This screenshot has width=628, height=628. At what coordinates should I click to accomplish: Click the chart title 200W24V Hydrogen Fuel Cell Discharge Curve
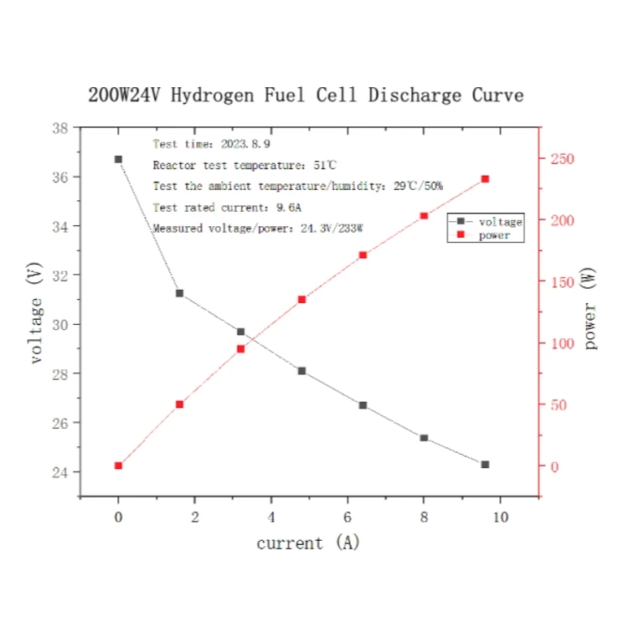(306, 95)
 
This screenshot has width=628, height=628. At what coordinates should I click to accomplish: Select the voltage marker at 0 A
(118, 159)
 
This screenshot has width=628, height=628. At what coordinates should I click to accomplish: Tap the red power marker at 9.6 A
(485, 179)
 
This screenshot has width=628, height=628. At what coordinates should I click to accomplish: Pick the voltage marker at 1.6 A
(179, 293)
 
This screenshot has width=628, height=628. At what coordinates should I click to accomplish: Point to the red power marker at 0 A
(118, 466)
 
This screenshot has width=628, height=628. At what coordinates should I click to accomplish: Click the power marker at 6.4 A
(363, 255)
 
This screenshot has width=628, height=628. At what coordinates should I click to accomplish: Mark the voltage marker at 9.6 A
(485, 464)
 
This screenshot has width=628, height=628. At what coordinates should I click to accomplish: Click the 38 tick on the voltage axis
(60, 128)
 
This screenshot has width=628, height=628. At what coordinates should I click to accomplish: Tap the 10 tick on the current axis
(500, 517)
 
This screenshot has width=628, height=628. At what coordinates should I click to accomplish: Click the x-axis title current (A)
(307, 543)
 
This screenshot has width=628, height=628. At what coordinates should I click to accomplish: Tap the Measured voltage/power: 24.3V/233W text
(263, 228)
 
